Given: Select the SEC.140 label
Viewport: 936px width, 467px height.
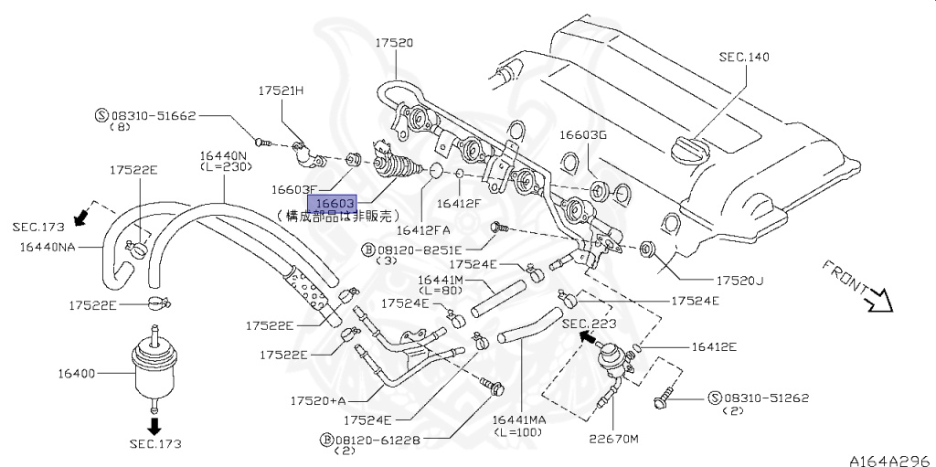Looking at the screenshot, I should tap(743, 57).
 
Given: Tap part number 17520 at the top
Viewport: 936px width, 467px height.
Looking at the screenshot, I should tap(393, 43).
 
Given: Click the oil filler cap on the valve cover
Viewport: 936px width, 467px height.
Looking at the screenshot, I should tap(688, 150).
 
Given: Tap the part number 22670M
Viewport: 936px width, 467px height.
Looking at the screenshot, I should tap(613, 439).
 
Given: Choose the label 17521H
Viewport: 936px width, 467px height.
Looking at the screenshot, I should tap(281, 91).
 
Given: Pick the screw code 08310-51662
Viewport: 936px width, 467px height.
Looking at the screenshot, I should tap(153, 116).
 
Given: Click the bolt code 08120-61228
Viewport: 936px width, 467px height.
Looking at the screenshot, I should tap(378, 440).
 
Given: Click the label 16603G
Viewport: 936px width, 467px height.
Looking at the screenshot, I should tap(583, 134).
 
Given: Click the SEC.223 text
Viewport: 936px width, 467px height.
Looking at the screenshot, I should tap(589, 324).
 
